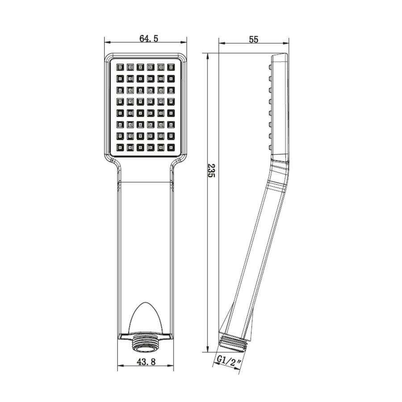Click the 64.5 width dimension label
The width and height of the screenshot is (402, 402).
pyautogui.click(x=149, y=38)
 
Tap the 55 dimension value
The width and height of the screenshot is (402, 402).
pyautogui.click(x=254, y=39)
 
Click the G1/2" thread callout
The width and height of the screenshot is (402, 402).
pyautogui.click(x=230, y=360)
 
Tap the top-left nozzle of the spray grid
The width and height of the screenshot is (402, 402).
pyautogui.click(x=120, y=67)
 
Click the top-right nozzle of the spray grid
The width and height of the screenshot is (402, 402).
pyautogui.click(x=171, y=67)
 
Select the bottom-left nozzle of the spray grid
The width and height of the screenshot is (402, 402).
pyautogui.click(x=120, y=147)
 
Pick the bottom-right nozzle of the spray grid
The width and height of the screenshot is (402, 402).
pyautogui.click(x=171, y=147)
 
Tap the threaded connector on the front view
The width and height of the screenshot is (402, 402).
pyautogui.click(x=145, y=341)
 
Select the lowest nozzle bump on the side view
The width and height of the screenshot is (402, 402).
pyautogui.click(x=270, y=147)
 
